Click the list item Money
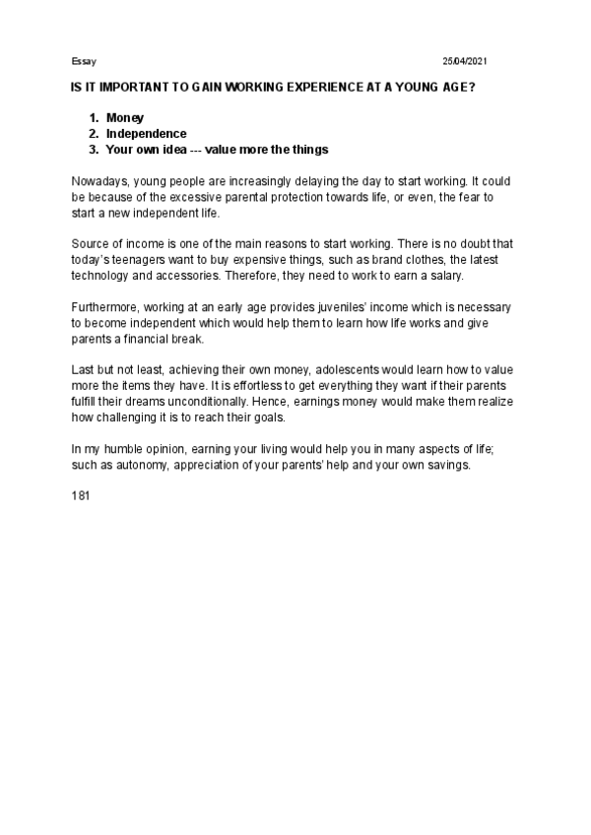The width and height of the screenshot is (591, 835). tap(125, 118)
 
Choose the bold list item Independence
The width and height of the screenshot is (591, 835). tap(147, 134)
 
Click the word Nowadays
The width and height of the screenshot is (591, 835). tap(99, 182)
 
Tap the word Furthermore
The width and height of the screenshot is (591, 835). tap(106, 307)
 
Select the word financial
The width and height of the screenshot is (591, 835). tap(146, 339)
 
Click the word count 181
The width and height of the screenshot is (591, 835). tap(81, 496)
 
